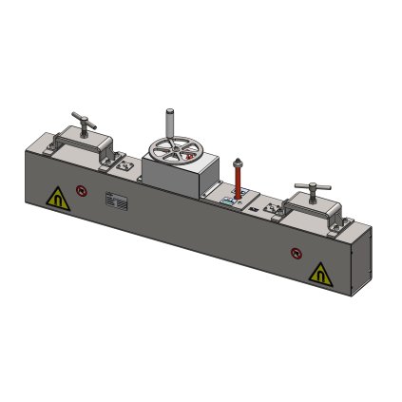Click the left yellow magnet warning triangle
(x=57, y=199)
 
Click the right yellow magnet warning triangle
(x=320, y=274)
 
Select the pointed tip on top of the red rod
(x=237, y=160)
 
